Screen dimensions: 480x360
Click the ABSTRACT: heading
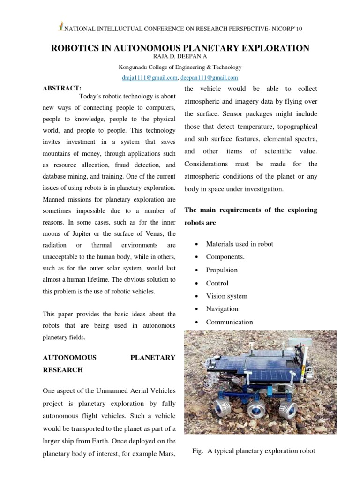[62, 88]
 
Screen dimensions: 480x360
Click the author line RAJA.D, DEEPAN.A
[180, 57]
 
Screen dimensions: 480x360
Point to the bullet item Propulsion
[222, 270]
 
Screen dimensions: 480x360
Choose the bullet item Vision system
[226, 296]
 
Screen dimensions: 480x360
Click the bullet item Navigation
[222, 309]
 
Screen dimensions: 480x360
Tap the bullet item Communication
[229, 322]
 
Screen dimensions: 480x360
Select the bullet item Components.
[225, 257]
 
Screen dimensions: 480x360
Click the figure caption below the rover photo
[254, 451]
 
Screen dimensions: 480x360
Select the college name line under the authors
[180, 67]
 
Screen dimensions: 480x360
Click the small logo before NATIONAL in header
[60, 27]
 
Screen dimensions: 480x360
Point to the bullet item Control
[217, 283]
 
